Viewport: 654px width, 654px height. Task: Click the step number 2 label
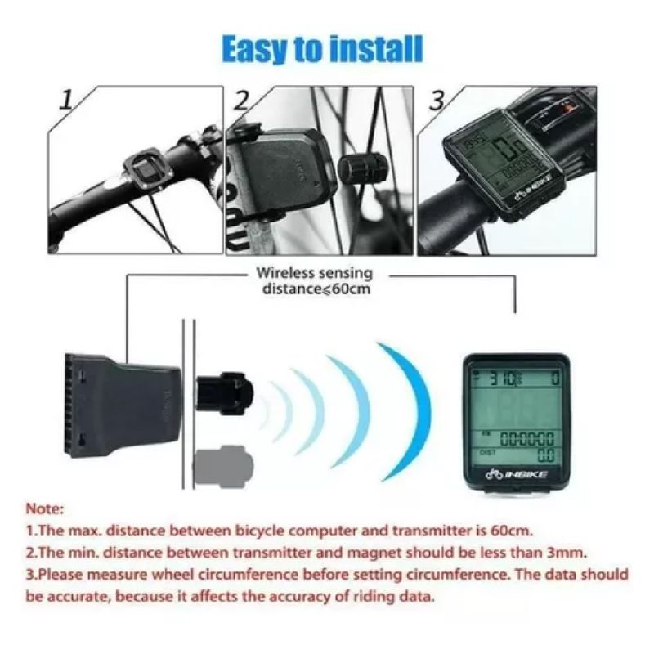pos(242,101)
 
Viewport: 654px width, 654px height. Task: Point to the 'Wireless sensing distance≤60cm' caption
pos(315,280)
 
